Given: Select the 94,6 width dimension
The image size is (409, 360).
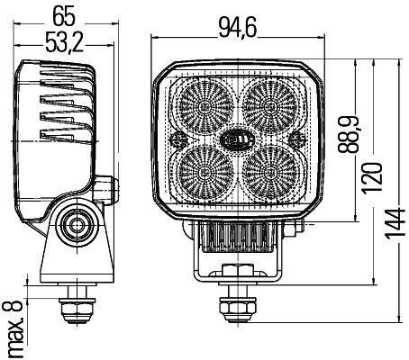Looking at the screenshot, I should (x=237, y=29).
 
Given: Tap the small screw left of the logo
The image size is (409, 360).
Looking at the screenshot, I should (x=177, y=140).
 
